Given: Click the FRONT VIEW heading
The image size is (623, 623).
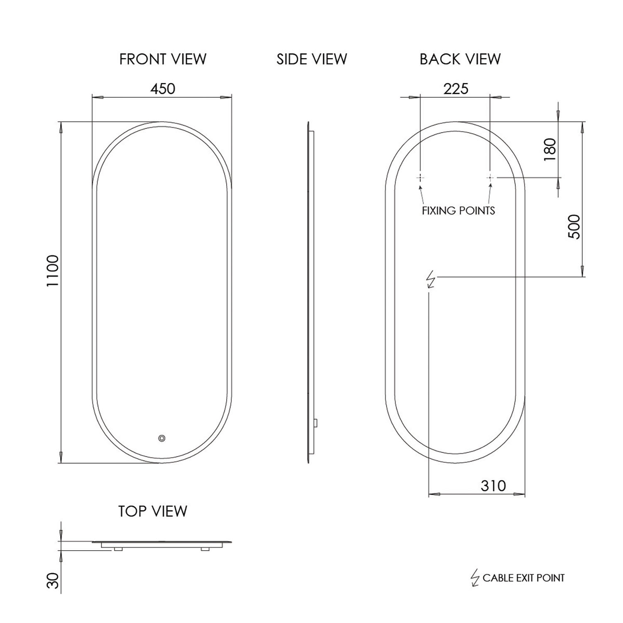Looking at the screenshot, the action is [163, 59].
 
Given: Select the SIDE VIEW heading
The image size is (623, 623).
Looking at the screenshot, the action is [312, 59].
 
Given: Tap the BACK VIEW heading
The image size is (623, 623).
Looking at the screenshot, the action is [460, 59].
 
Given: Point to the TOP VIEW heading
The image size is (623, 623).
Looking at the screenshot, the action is [153, 511].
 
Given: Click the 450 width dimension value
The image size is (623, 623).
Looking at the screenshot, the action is [163, 88].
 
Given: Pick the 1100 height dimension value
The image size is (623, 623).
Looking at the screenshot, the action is [53, 271].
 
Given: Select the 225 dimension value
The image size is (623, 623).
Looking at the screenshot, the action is [456, 88].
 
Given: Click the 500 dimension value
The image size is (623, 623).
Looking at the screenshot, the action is [574, 226].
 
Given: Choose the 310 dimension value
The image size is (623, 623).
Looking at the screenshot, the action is [493, 486].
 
